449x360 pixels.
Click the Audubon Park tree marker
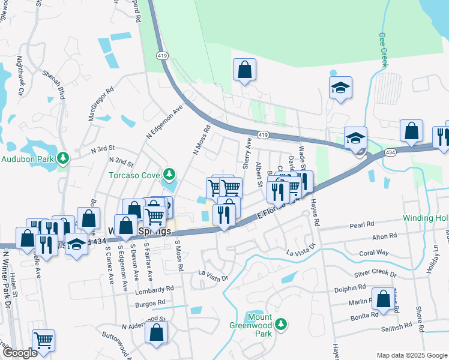[x=62, y=159]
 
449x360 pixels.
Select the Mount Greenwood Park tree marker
[x=279, y=325]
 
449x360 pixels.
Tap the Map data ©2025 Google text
[x=412, y=355]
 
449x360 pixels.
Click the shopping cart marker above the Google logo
[x=43, y=340]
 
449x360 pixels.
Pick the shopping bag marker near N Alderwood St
[x=157, y=332]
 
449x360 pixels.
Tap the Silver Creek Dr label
[x=375, y=273]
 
